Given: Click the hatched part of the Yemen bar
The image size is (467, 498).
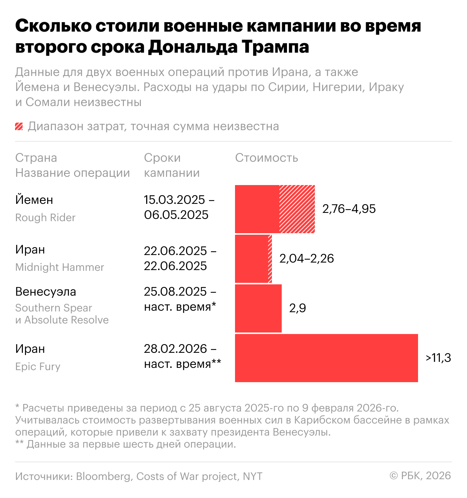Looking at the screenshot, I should (x=297, y=209).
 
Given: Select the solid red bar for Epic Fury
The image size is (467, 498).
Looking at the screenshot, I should (x=326, y=358).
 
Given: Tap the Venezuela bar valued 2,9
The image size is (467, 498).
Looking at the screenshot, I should (x=258, y=308).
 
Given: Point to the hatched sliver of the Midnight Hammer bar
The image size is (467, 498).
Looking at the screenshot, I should (x=270, y=258).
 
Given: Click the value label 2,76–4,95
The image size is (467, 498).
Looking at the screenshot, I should (x=349, y=209).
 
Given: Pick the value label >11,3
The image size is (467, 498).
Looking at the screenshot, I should (x=438, y=358).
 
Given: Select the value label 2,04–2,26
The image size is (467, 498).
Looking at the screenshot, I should (x=307, y=258).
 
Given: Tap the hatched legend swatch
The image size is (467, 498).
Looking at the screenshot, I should (x=19, y=126).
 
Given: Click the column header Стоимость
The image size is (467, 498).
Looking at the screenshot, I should (x=267, y=158).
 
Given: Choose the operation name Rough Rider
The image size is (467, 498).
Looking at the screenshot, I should (x=45, y=218).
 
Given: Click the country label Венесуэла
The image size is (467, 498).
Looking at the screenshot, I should (x=46, y=292).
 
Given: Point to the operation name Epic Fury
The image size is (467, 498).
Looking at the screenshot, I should (x=38, y=367).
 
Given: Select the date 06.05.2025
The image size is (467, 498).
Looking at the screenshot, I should (x=176, y=215).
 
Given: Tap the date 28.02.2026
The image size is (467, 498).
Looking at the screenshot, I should (x=176, y=349).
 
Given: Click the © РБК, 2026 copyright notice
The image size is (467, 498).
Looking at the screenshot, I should (x=420, y=476).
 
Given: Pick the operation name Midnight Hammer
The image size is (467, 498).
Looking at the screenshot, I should (x=60, y=267).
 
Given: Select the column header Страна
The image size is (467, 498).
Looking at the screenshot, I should (x=36, y=158).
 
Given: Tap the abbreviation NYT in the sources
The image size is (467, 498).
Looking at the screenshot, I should (x=252, y=477).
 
